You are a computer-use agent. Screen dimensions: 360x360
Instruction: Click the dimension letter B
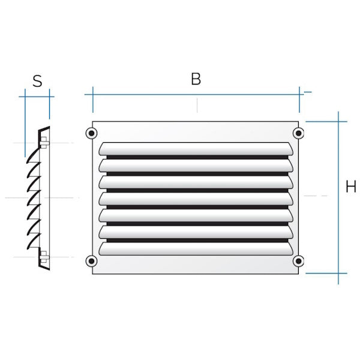196,79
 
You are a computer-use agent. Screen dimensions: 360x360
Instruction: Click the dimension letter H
350,187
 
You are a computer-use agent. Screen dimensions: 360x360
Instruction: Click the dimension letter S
37,81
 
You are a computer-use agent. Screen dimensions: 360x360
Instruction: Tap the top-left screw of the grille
91,133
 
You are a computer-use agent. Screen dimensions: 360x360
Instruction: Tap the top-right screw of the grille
298,133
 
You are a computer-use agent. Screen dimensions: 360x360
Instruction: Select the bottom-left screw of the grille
91,261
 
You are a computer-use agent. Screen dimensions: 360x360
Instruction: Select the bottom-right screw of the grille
298,261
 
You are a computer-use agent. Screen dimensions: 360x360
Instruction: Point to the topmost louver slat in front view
196,149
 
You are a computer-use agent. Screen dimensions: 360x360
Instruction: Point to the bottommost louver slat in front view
196,249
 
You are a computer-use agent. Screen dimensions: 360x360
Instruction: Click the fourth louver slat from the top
196,199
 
